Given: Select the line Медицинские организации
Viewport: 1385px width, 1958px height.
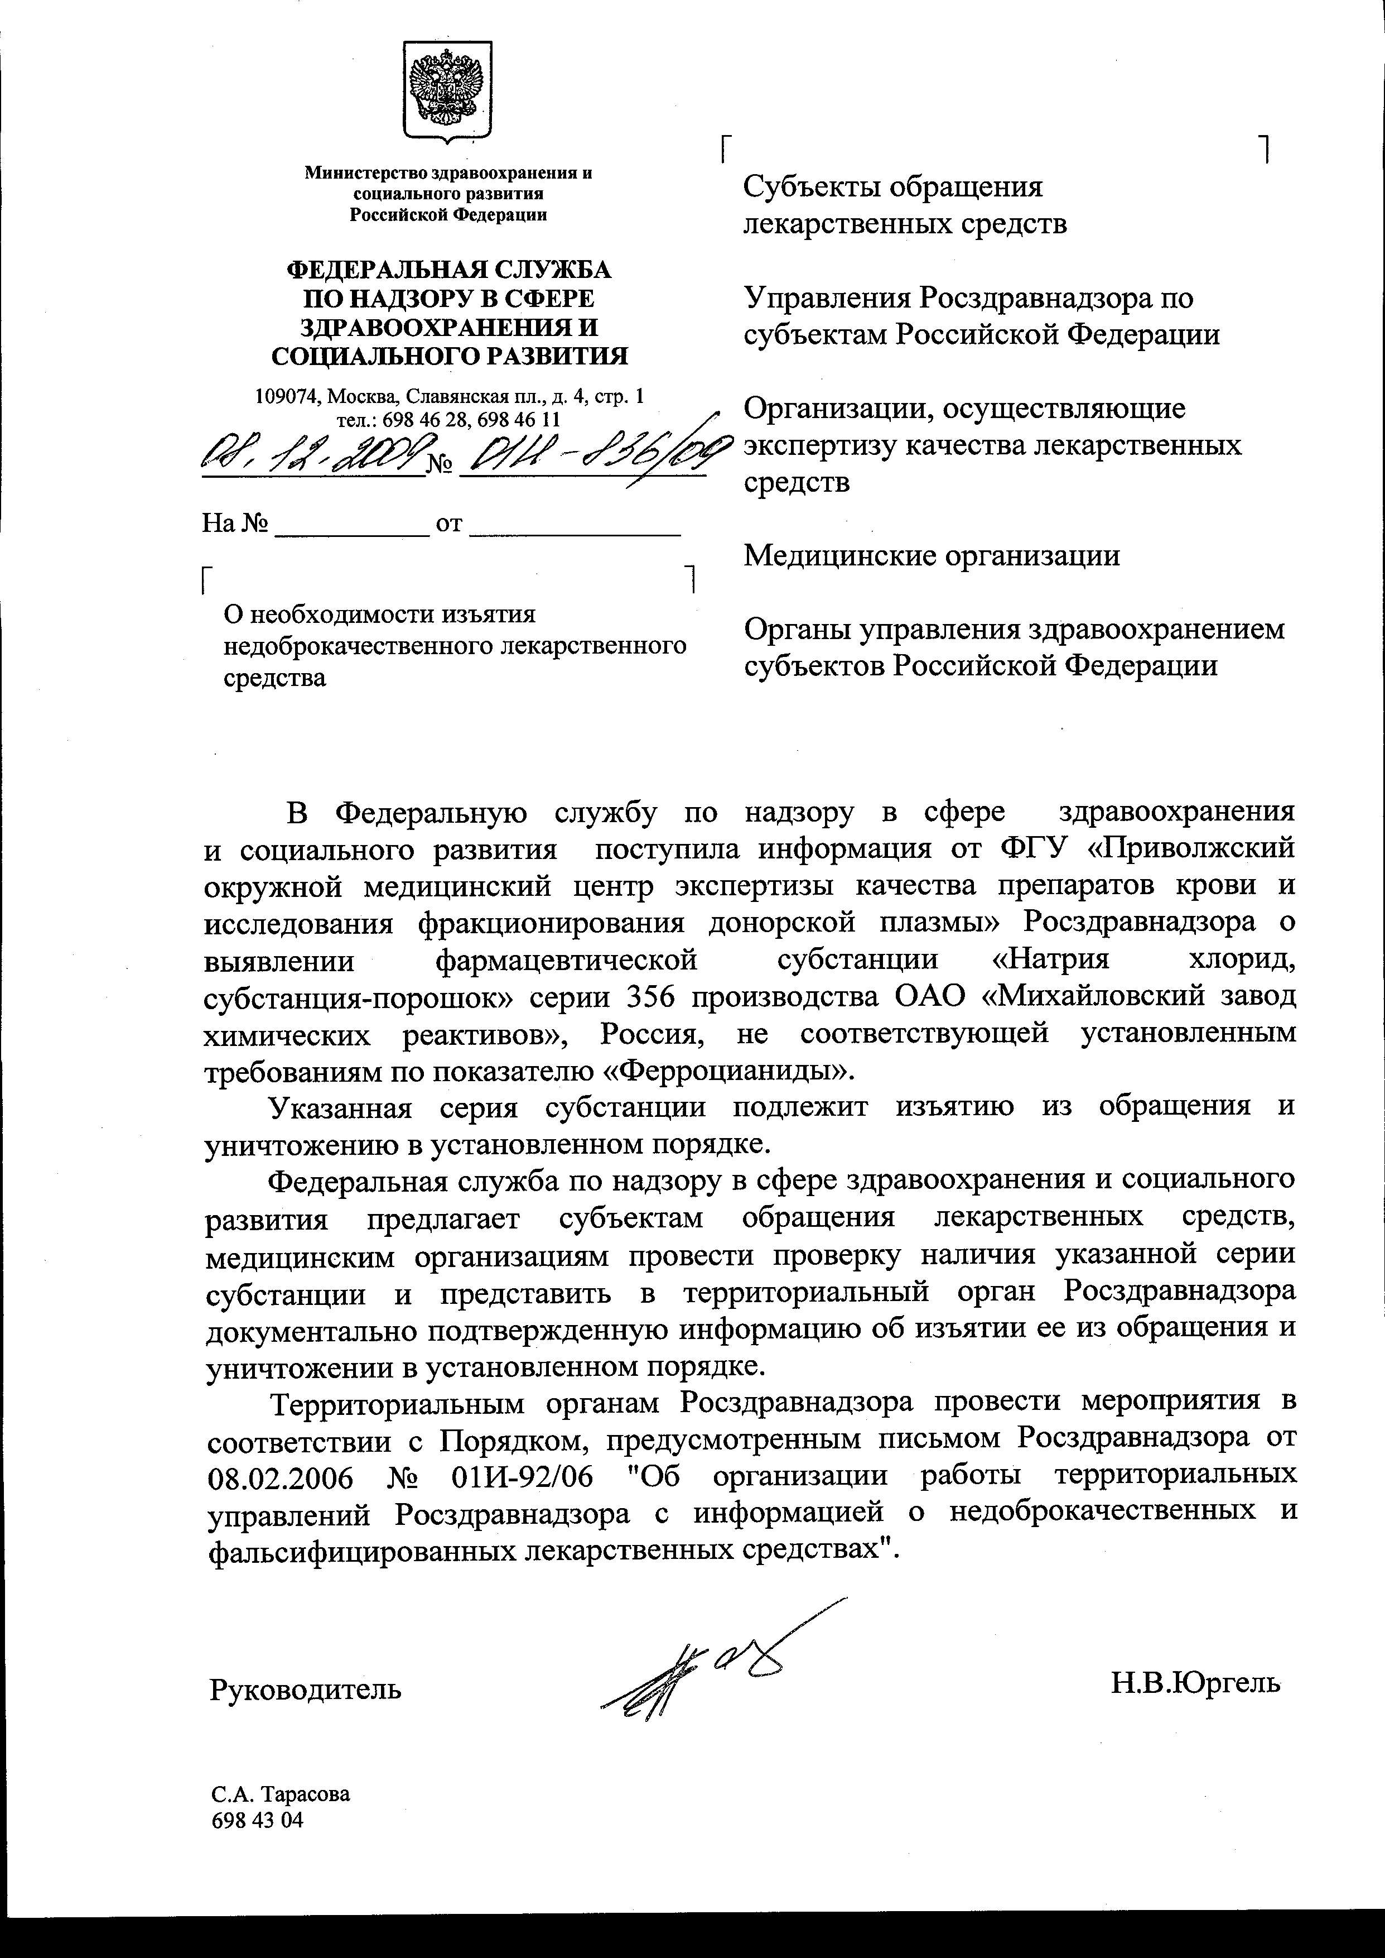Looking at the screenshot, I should tap(932, 555).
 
